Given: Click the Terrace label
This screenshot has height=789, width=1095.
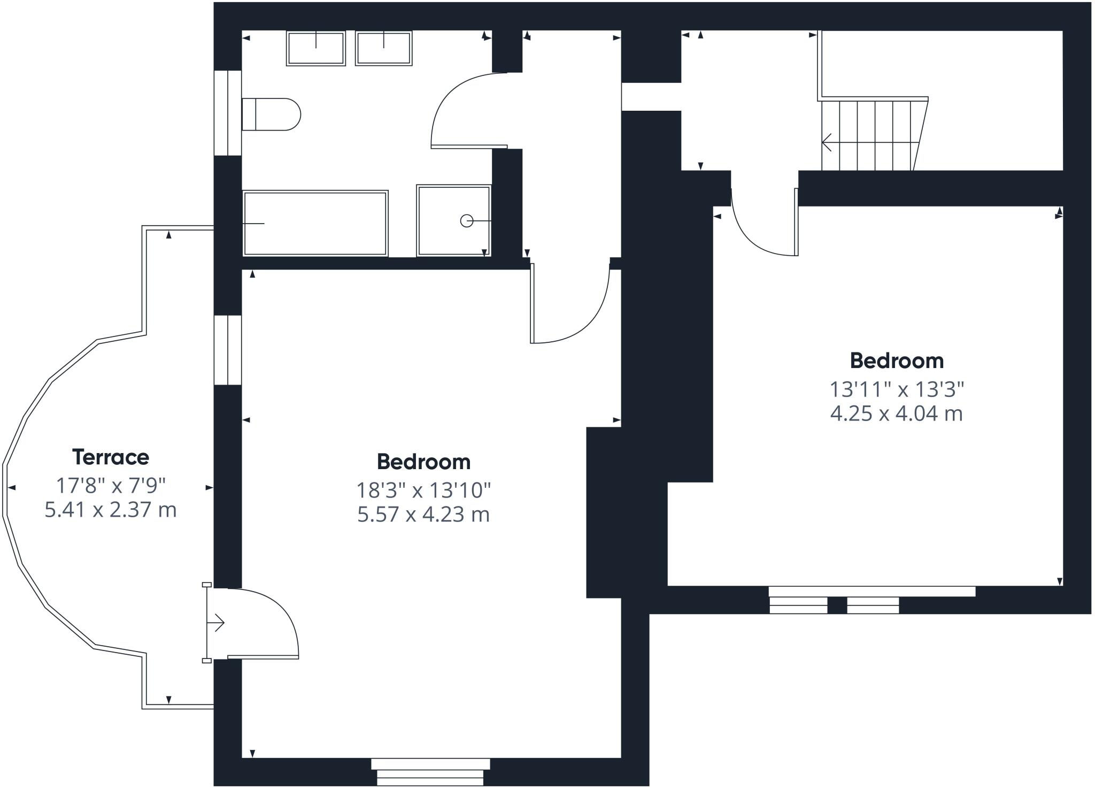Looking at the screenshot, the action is coord(111,457).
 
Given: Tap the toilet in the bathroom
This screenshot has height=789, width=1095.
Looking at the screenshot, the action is coord(271,114).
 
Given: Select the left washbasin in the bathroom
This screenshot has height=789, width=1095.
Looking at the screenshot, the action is coord(316,48).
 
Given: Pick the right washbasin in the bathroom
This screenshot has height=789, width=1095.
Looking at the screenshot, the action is coord(384,48).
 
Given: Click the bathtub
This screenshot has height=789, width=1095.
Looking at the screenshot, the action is coord(315,223).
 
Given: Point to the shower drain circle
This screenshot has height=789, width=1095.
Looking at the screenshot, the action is coord(467,220).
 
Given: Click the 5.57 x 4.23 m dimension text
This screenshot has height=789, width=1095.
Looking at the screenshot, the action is coord(423,515).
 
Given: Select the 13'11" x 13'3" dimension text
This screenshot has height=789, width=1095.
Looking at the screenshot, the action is coord(897,389).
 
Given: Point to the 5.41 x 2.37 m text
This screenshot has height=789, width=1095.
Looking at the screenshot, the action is coord(111,510).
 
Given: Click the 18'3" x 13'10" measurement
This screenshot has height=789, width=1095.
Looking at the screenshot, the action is coord(423,489).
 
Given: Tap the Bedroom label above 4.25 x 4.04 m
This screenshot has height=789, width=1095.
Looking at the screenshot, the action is coord(897,361).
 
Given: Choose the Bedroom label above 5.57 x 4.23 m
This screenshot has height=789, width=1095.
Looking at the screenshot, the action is coord(423,462).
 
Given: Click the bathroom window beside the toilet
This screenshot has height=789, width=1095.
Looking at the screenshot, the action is coord(228,113).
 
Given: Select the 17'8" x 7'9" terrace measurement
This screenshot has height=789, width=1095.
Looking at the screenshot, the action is coord(111,486).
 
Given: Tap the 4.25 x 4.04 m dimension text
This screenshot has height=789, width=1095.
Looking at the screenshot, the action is coord(897,414).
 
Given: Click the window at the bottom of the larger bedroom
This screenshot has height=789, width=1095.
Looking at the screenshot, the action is coord(430,772).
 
